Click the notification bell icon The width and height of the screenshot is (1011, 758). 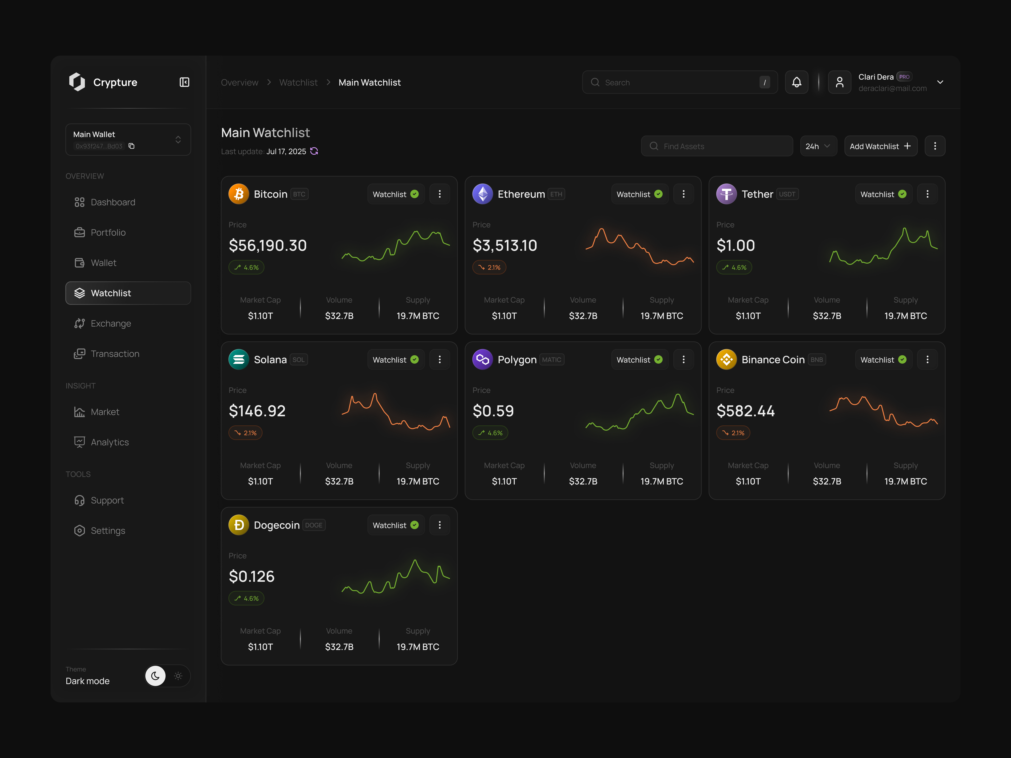tap(796, 82)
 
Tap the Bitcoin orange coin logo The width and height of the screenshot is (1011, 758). tap(239, 194)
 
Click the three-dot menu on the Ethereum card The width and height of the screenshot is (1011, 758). tap(683, 194)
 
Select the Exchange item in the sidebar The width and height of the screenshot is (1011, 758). tap(111, 323)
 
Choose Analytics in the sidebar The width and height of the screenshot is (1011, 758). tap(110, 442)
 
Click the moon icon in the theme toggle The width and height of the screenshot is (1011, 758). tap(155, 676)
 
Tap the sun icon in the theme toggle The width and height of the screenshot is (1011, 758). tap(178, 676)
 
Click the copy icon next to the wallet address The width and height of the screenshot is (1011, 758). tap(132, 146)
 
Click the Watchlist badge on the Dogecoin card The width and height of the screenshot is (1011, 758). tap(395, 525)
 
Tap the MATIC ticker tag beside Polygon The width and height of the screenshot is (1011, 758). tap(552, 360)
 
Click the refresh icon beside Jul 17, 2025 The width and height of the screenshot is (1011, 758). tap(314, 151)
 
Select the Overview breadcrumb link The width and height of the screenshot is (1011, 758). tap(239, 82)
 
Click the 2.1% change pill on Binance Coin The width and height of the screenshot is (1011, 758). tap(733, 433)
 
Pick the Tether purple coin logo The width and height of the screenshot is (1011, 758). tap(726, 194)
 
